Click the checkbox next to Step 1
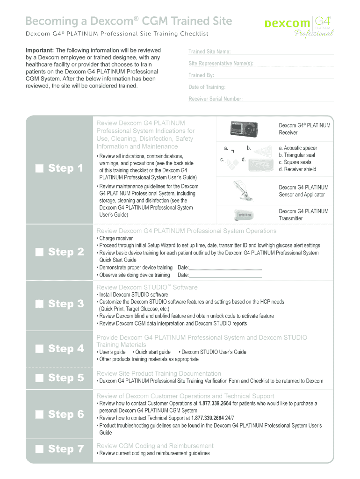39,168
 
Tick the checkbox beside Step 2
39,253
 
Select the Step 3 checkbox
39,305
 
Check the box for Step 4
39,349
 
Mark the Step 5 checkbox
39,378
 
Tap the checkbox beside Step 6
39,414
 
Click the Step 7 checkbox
39,450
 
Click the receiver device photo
245,129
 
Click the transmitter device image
244,215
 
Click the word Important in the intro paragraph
40,50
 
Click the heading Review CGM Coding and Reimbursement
155,445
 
